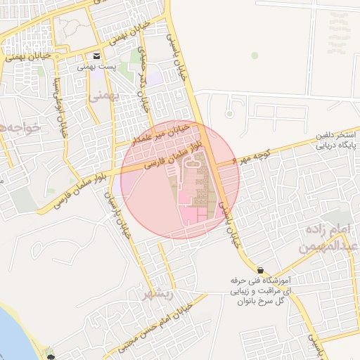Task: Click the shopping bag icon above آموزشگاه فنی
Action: tap(261, 270)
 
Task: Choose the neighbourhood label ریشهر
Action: tap(157, 294)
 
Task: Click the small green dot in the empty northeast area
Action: tap(255, 56)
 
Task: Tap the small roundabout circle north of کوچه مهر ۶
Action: tap(229, 114)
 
